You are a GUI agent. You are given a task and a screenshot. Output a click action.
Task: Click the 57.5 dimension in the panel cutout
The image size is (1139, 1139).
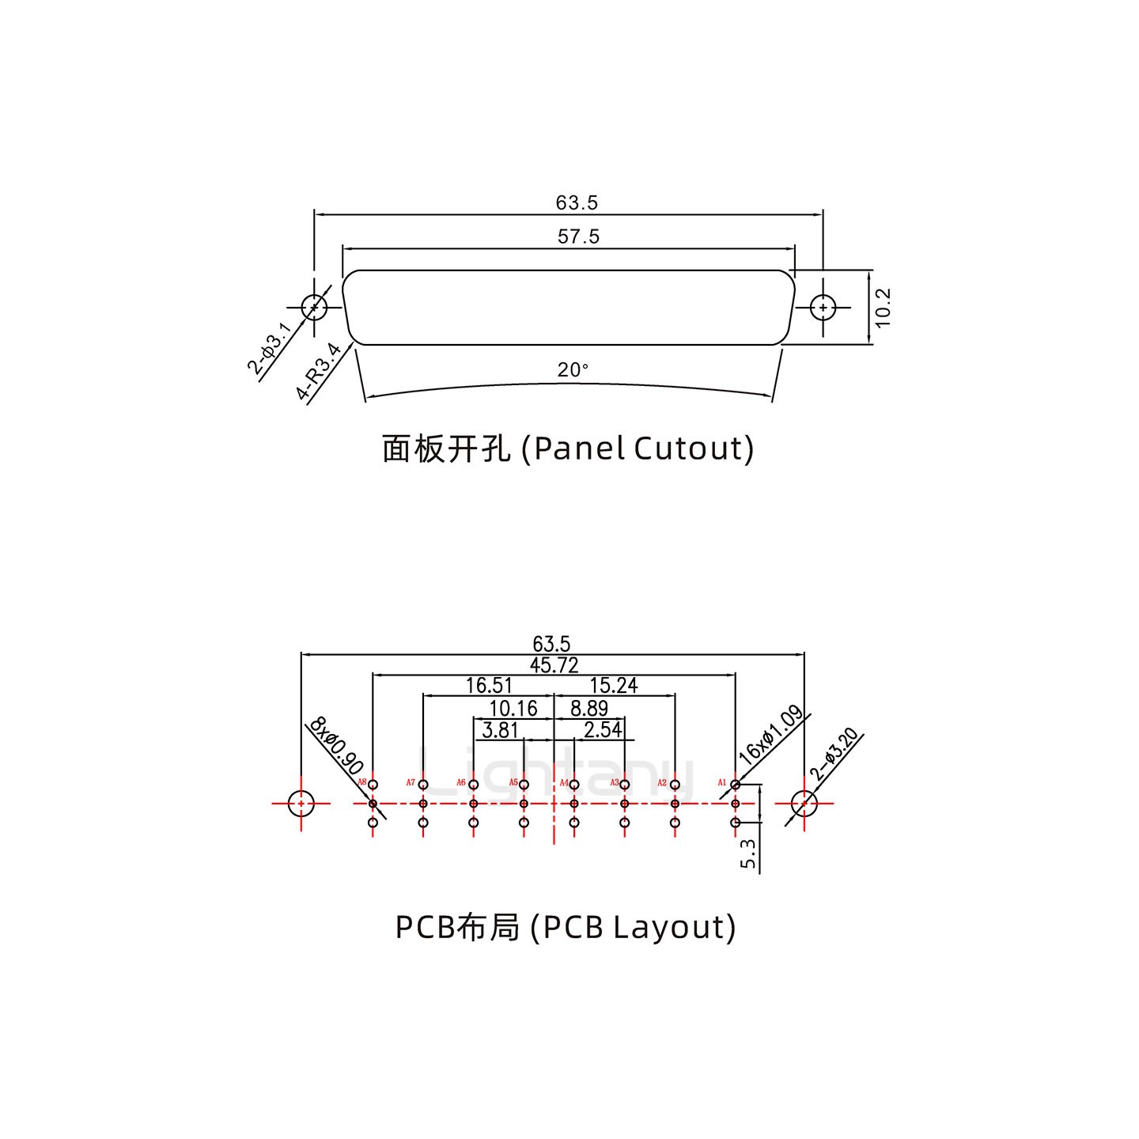(x=578, y=237)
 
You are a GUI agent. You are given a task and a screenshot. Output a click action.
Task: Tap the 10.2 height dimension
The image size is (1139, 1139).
(x=884, y=307)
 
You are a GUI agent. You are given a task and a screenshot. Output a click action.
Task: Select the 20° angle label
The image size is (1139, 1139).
(x=573, y=369)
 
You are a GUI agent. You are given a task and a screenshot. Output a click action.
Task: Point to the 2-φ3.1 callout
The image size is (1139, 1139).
(x=270, y=348)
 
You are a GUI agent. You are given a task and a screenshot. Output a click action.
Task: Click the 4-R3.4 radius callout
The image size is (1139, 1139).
(x=318, y=372)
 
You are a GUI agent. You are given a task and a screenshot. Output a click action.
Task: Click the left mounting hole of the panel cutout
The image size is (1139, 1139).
(x=314, y=306)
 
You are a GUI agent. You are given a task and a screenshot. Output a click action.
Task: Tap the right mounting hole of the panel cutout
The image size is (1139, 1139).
(x=823, y=307)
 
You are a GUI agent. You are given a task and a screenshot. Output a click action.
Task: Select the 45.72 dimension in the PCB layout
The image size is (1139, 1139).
(x=554, y=666)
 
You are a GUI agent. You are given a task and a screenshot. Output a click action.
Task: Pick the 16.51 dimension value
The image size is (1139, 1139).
(x=488, y=686)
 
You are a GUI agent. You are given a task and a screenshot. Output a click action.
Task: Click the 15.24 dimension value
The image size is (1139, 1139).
(x=614, y=686)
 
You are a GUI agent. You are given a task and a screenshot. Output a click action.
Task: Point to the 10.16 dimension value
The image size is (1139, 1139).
(x=513, y=709)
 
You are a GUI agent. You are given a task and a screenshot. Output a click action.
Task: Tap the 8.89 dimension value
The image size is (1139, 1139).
(x=589, y=709)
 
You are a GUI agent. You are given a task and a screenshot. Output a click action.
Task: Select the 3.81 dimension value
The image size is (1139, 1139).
(x=500, y=730)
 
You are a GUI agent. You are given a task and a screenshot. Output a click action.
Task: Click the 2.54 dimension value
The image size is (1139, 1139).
(x=603, y=730)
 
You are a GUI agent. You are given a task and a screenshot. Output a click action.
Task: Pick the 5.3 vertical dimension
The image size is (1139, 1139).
(x=748, y=853)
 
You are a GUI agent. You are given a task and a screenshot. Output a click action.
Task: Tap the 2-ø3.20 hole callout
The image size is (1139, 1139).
(x=834, y=755)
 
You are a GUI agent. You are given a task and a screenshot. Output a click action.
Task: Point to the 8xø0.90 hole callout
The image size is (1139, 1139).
(x=336, y=746)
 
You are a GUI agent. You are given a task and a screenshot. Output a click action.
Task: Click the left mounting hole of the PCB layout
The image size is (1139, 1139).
(x=301, y=804)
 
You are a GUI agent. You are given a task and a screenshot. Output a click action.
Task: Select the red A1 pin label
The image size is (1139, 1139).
(x=721, y=782)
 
